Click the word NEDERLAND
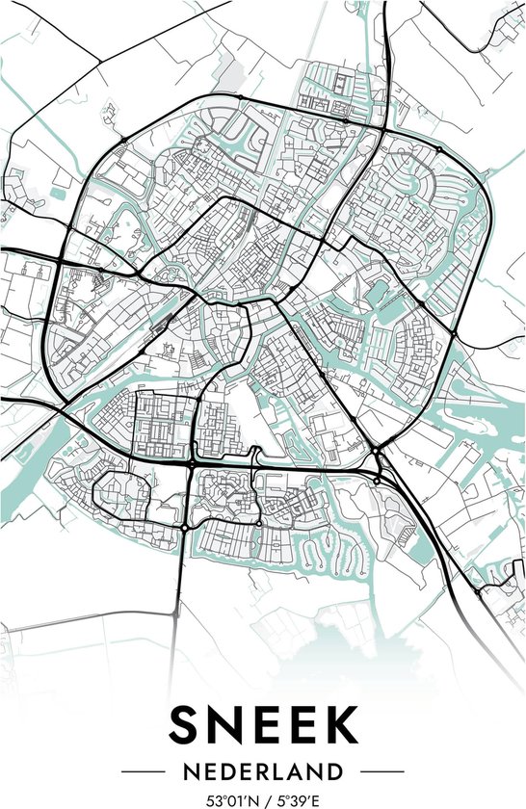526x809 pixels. (263, 771)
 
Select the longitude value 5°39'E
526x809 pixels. (298, 799)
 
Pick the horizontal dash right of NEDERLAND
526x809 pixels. (379, 771)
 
